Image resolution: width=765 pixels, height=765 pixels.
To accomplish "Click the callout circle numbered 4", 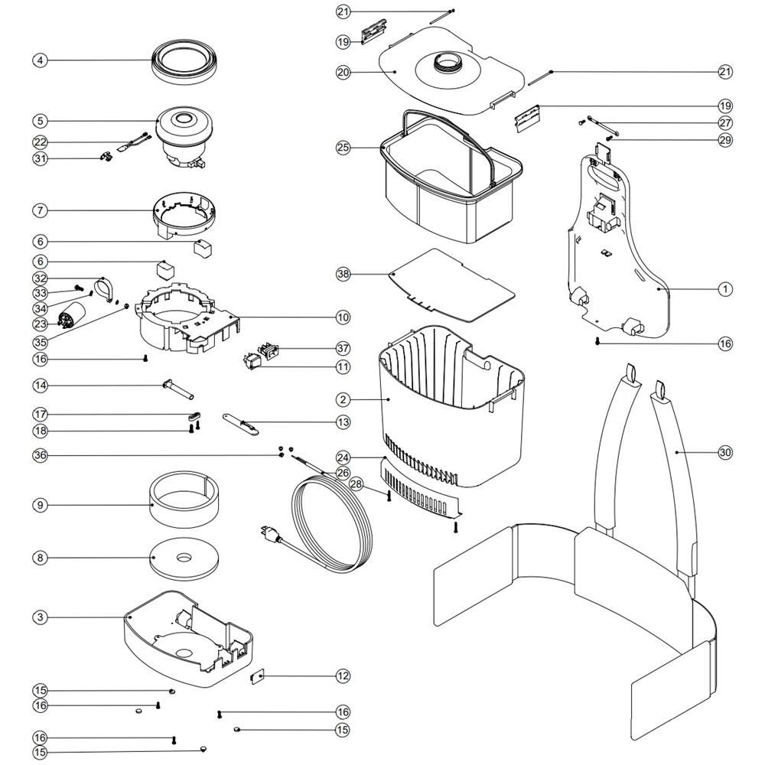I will pos(40,59).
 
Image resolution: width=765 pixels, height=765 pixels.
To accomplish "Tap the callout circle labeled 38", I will pos(343,273).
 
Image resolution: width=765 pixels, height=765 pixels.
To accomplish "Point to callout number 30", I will pos(725,452).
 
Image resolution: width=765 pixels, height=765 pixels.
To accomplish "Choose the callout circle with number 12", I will pos(343,675).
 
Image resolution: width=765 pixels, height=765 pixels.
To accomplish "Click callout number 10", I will pos(343,317).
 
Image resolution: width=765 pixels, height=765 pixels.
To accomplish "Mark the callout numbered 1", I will pos(725,289).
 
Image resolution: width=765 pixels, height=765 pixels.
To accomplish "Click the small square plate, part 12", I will pos(258,676).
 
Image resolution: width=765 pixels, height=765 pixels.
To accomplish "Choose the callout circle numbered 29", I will pos(725,140).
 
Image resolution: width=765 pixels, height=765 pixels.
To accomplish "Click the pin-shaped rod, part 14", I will pos(177,389).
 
